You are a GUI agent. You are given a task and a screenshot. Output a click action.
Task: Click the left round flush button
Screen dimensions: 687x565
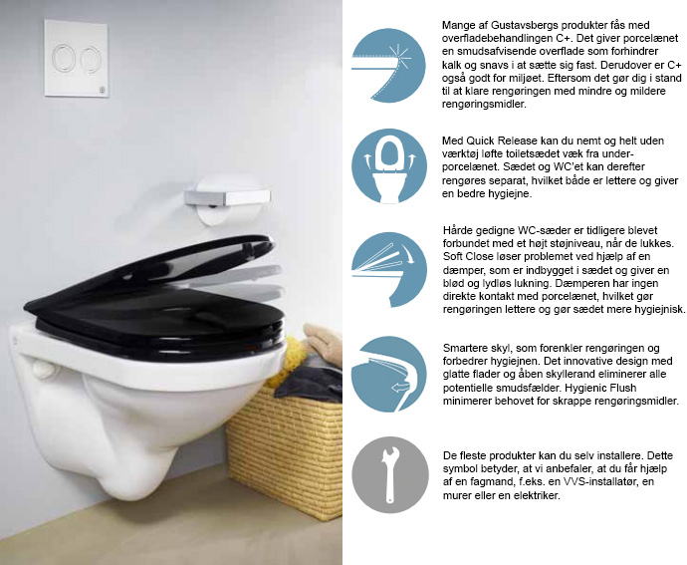tap(64, 58)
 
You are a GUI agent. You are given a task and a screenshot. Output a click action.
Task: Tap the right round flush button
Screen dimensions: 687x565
tap(92, 59)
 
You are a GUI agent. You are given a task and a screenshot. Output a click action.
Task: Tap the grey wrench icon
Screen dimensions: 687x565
tap(390, 474)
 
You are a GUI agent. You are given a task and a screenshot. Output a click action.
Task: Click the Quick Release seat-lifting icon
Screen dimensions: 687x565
tap(389, 166)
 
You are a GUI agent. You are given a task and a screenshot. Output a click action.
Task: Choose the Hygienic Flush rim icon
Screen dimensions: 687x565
tap(389, 375)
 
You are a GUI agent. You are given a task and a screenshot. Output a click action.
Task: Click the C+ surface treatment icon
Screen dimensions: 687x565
tap(388, 66)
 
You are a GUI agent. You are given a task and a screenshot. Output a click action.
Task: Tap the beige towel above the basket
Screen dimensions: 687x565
tap(324, 341)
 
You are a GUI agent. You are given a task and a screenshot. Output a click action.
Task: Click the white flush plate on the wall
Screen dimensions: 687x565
tap(77, 58)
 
